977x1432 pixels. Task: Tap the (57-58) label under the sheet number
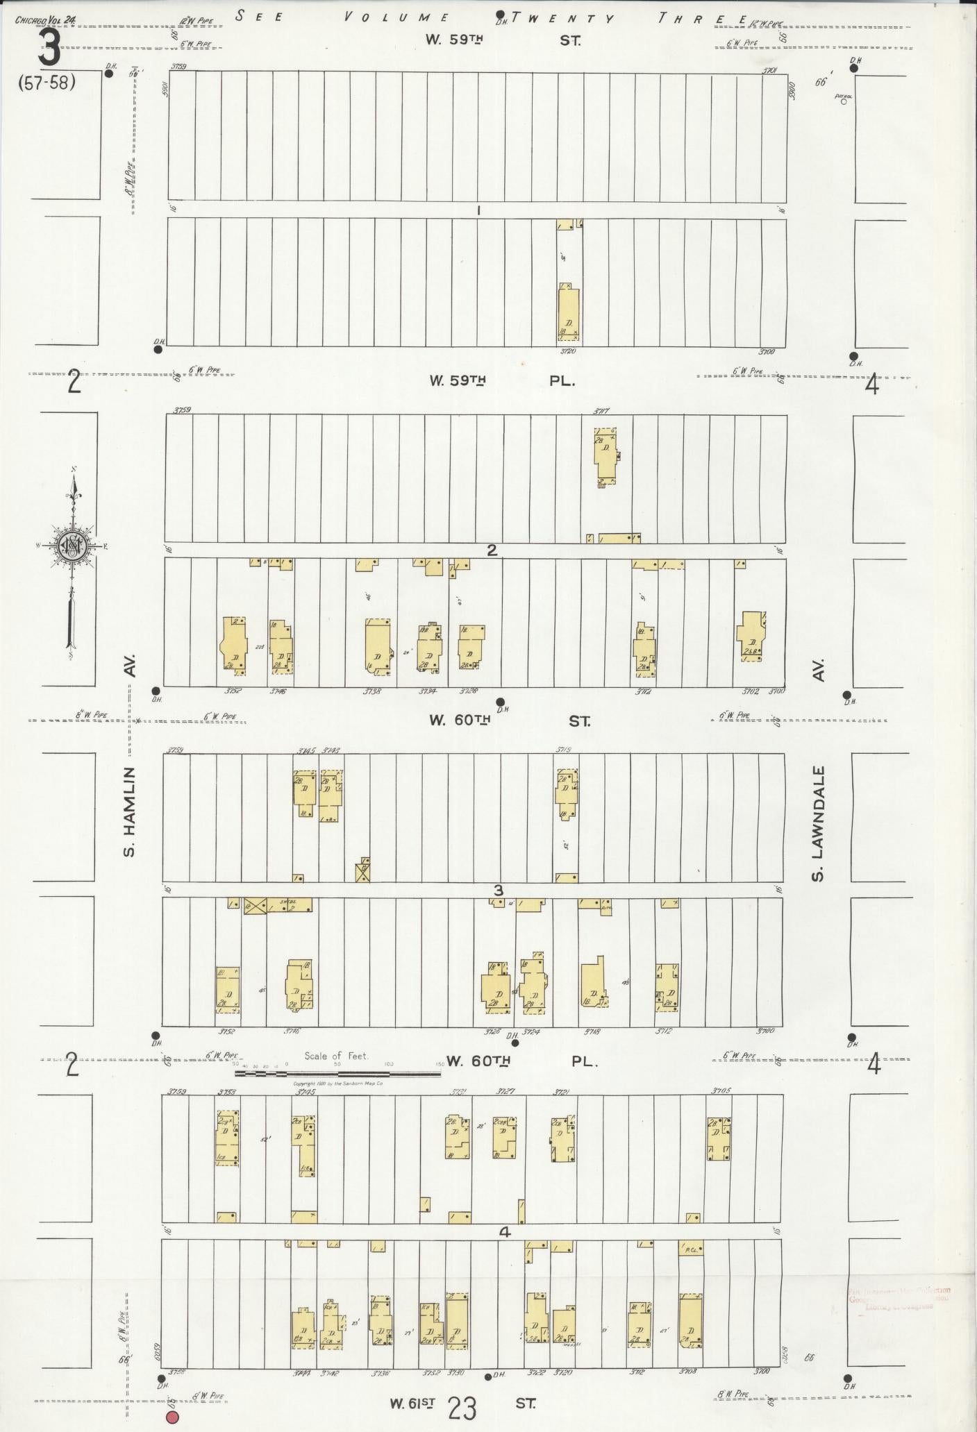pyautogui.click(x=47, y=83)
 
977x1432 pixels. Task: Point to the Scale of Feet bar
pyautogui.click(x=337, y=1073)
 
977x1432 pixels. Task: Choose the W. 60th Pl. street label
pyautogui.click(x=520, y=1061)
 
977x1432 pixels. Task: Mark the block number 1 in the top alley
pyautogui.click(x=479, y=210)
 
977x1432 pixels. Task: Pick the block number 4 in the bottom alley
pyautogui.click(x=505, y=1233)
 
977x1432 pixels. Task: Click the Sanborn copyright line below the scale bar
pyautogui.click(x=338, y=1083)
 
